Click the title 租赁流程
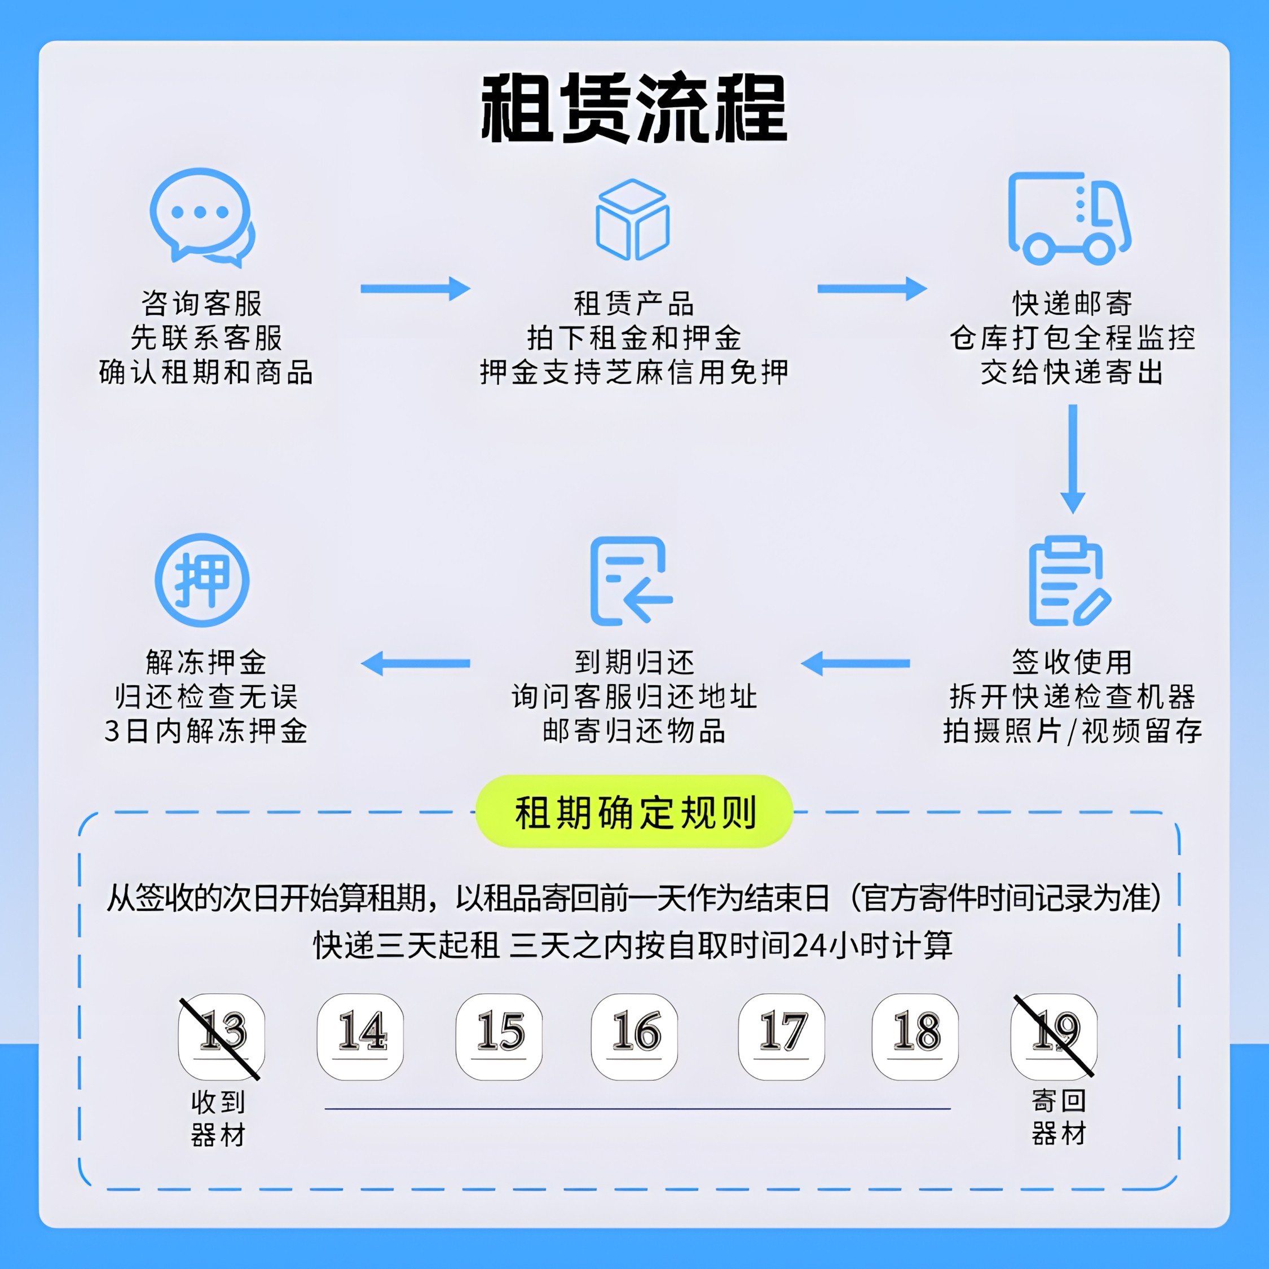tap(634, 108)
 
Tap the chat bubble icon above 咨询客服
tap(202, 217)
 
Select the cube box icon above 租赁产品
tap(633, 219)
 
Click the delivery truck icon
tap(1069, 218)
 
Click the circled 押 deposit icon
tap(202, 580)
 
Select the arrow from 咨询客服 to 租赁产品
tap(415, 288)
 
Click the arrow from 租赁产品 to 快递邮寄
tap(871, 288)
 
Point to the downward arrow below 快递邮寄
tap(1073, 459)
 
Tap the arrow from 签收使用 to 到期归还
tap(855, 663)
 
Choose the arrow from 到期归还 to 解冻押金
tap(415, 663)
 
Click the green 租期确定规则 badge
tap(634, 812)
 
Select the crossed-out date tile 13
tap(221, 1037)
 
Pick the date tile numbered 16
tap(634, 1037)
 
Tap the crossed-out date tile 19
tap(1054, 1037)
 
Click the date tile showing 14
tap(360, 1037)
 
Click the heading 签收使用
tap(1072, 662)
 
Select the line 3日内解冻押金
tap(206, 731)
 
